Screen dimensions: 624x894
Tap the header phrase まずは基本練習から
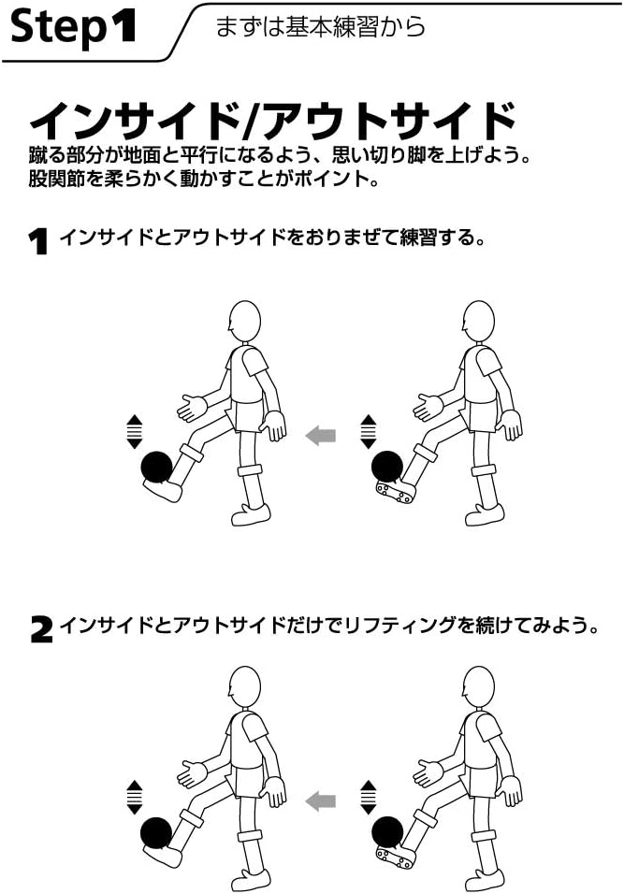(320, 27)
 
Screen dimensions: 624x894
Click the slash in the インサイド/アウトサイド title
(249, 121)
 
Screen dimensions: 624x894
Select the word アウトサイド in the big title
(388, 121)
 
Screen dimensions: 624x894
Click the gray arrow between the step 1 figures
(321, 435)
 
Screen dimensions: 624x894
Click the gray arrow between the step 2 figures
(321, 800)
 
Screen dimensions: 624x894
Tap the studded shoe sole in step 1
(396, 491)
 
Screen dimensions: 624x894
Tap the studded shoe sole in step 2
(396, 855)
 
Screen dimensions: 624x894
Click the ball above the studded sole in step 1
(386, 465)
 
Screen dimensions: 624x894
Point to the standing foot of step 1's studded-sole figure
(485, 514)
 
